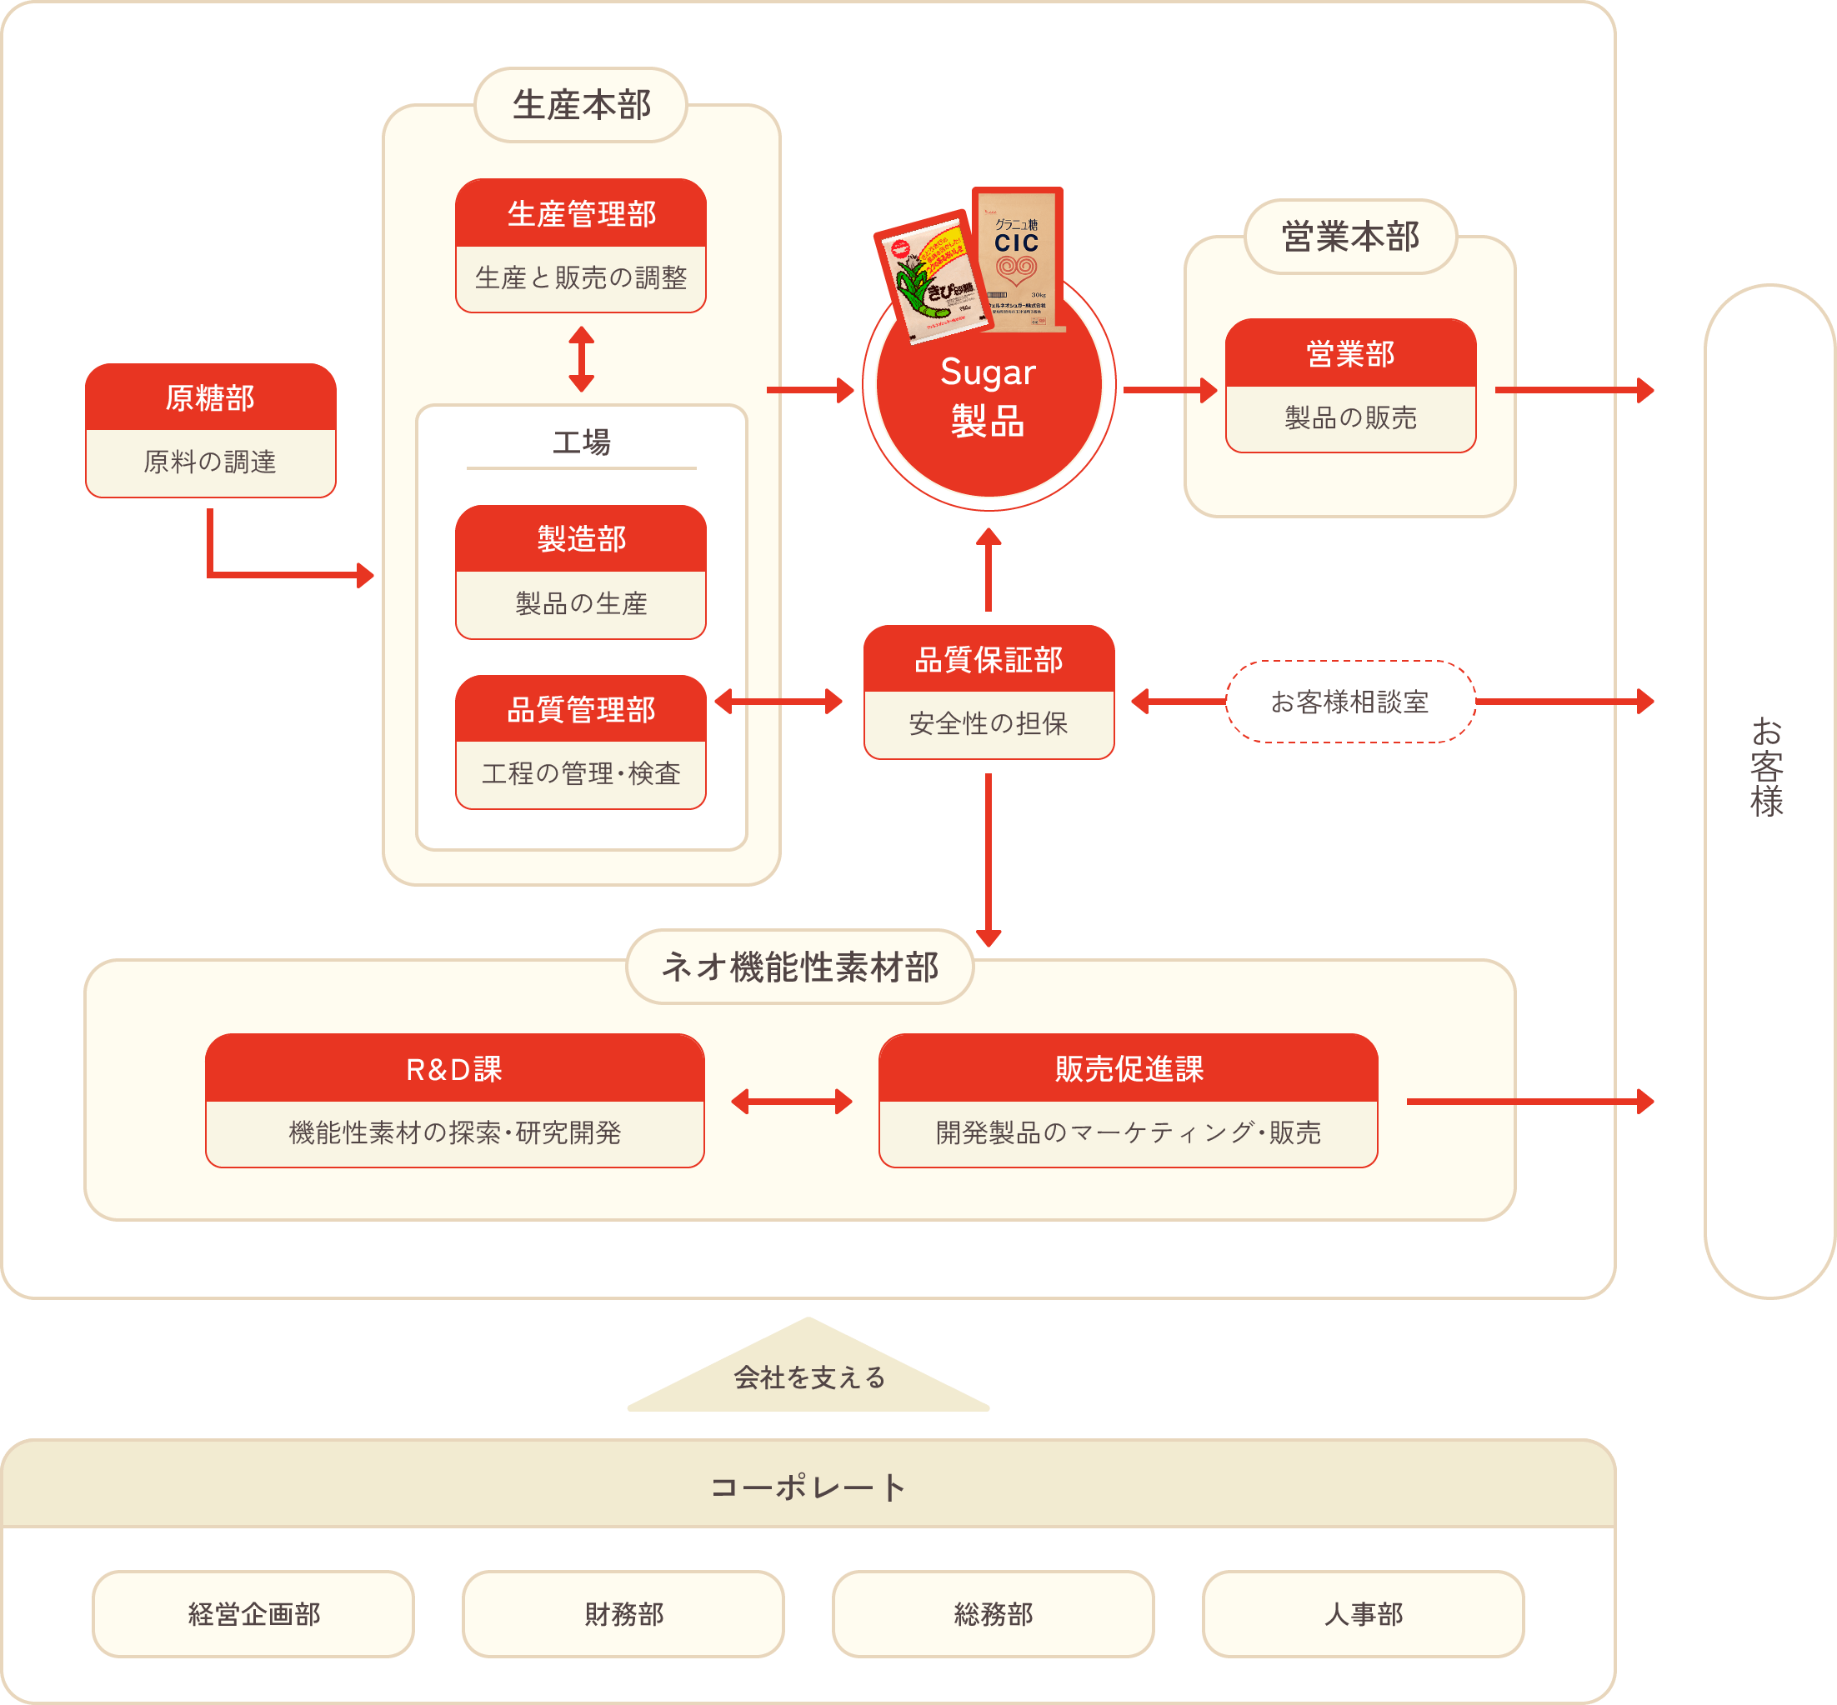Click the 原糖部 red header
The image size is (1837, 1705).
pyautogui.click(x=210, y=397)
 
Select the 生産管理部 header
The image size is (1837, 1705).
pyautogui.click(x=580, y=214)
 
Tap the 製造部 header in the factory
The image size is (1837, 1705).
pyautogui.click(x=580, y=539)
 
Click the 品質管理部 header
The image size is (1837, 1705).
pyautogui.click(x=580, y=709)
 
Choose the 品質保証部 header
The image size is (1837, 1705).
pyautogui.click(x=989, y=660)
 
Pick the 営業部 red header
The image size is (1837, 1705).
pyautogui.click(x=1350, y=353)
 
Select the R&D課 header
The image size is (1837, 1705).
pyautogui.click(x=455, y=1068)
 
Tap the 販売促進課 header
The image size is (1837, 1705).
pyautogui.click(x=1128, y=1068)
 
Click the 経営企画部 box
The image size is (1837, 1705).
pyautogui.click(x=253, y=1613)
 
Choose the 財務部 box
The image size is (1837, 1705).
pyautogui.click(x=623, y=1613)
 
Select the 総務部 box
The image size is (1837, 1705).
pyautogui.click(x=993, y=1613)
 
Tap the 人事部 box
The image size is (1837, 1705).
pyautogui.click(x=1363, y=1613)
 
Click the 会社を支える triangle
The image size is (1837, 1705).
pyautogui.click(x=808, y=1374)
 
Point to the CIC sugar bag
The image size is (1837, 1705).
pyautogui.click(x=1019, y=259)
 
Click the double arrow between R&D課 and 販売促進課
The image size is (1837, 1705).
pyautogui.click(x=792, y=1101)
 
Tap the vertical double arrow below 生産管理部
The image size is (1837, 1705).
pyautogui.click(x=581, y=359)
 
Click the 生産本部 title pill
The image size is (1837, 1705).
pyautogui.click(x=581, y=105)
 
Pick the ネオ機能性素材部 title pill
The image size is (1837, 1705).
pyautogui.click(x=800, y=967)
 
